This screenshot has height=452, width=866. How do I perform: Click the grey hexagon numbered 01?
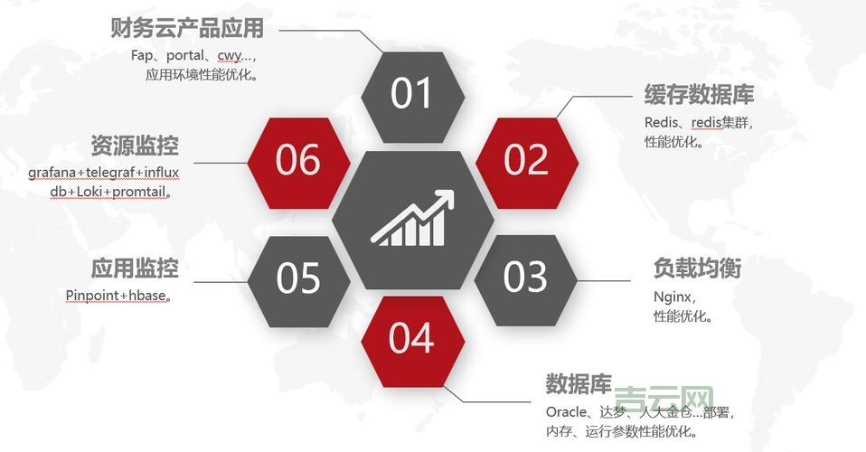[412, 94]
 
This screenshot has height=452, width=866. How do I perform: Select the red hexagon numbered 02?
[526, 160]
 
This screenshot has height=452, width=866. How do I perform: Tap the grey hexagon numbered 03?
[525, 278]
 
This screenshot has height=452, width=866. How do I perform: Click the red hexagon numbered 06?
[298, 160]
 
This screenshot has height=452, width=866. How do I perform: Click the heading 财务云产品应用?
[187, 28]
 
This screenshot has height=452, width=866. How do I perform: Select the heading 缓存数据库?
[699, 95]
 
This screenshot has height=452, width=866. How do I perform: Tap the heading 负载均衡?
[697, 268]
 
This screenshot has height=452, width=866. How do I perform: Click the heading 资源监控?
[135, 146]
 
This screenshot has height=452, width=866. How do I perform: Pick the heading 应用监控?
[135, 268]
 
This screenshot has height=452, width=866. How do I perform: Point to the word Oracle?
[566, 412]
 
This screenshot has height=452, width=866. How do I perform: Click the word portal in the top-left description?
[185, 55]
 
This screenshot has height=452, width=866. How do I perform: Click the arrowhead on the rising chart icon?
[445, 197]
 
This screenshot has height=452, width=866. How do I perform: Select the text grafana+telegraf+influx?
[103, 172]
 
